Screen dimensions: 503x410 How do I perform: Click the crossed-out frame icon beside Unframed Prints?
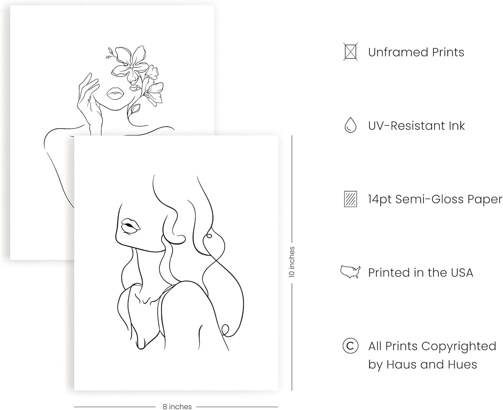click(x=350, y=52)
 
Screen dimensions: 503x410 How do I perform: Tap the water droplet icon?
click(x=350, y=125)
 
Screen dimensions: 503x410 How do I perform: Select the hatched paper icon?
click(x=350, y=199)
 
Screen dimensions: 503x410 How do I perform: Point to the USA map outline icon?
click(x=350, y=272)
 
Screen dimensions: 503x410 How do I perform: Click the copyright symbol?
click(x=350, y=346)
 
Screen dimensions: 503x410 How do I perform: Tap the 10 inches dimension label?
click(x=292, y=262)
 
